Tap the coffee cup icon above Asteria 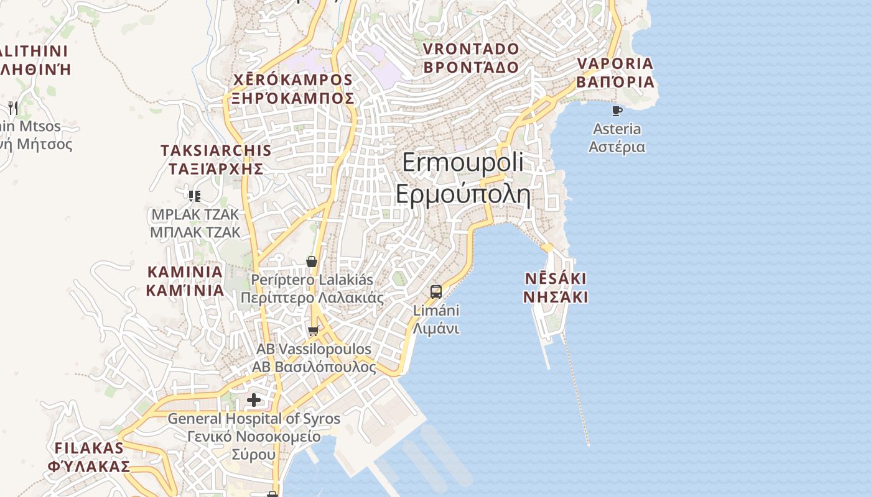click(x=617, y=111)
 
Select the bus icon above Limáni click(x=436, y=291)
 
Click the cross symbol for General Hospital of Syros click(x=254, y=399)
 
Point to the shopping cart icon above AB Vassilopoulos click(x=314, y=331)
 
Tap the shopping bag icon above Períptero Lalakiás click(x=312, y=262)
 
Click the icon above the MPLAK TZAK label click(x=195, y=196)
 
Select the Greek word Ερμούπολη click(x=463, y=194)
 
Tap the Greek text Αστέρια click(x=617, y=147)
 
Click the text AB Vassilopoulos click(x=314, y=349)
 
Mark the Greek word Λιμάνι click(x=436, y=328)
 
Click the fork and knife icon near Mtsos click(x=12, y=108)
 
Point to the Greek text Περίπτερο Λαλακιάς click(x=312, y=297)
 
